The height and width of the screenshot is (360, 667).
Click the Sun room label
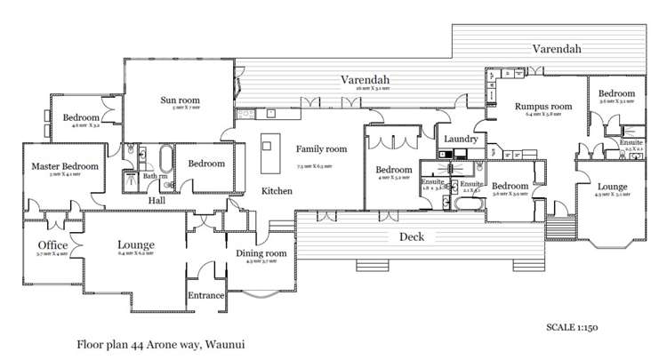179,100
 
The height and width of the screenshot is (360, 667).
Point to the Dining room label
262,253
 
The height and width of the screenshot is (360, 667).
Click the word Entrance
205,295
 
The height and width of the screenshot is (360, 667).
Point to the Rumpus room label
542,107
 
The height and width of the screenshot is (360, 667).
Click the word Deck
411,236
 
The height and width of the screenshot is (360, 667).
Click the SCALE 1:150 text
572,327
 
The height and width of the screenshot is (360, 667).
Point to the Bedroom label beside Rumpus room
615,93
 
